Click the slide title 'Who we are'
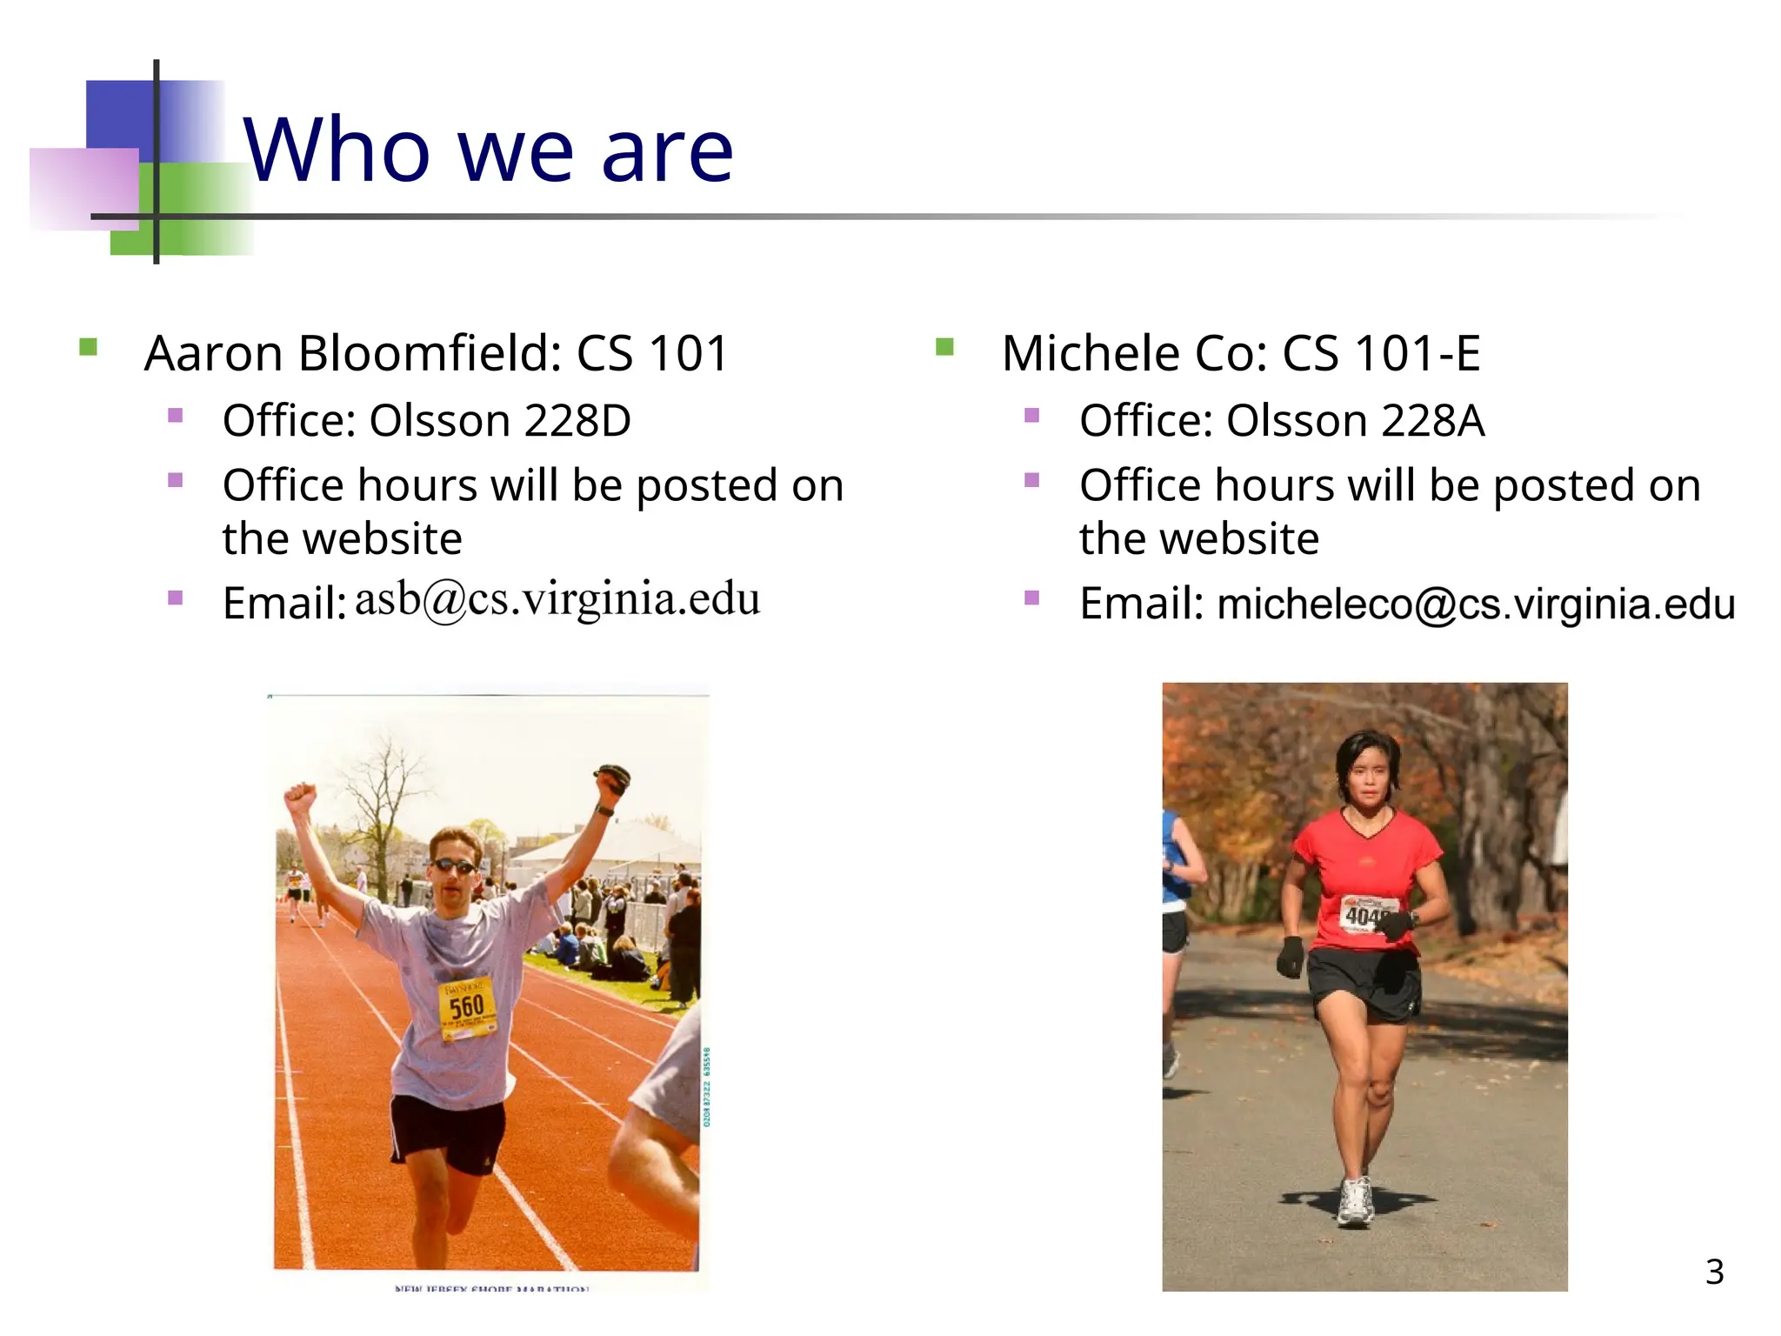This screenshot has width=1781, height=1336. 489,150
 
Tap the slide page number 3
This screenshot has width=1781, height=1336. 1714,1272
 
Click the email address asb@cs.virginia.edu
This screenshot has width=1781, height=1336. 557,599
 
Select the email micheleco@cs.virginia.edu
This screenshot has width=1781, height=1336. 1476,604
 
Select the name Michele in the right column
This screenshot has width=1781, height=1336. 1091,354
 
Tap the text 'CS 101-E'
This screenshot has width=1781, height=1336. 1382,354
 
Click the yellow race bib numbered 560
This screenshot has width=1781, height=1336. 468,1007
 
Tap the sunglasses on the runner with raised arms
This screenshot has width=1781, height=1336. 453,866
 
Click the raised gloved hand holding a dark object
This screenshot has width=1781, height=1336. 613,777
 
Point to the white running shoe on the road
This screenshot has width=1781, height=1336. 1356,1202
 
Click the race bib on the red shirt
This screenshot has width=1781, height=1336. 1368,914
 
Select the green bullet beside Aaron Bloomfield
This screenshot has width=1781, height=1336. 88,348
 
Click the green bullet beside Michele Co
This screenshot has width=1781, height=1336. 944,348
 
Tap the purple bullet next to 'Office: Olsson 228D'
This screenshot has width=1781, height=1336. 176,416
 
